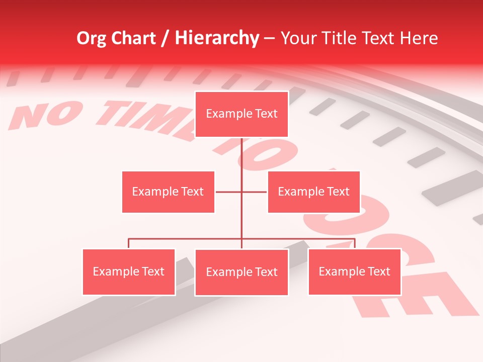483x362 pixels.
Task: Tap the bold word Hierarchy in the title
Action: [x=217, y=38]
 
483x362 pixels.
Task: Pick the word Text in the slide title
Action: [x=380, y=38]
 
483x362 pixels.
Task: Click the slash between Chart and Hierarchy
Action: [x=166, y=39]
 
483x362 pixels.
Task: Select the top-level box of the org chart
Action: [x=242, y=114]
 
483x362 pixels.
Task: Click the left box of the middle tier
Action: [x=168, y=192]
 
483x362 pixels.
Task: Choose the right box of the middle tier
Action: [x=313, y=192]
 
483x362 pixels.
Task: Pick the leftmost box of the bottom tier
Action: [x=129, y=272]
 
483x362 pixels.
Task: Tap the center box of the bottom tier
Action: [x=242, y=273]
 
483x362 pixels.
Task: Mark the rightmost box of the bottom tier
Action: [x=354, y=272]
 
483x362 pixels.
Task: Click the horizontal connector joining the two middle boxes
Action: [x=229, y=192]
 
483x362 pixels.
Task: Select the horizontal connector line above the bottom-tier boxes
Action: [x=186, y=239]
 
